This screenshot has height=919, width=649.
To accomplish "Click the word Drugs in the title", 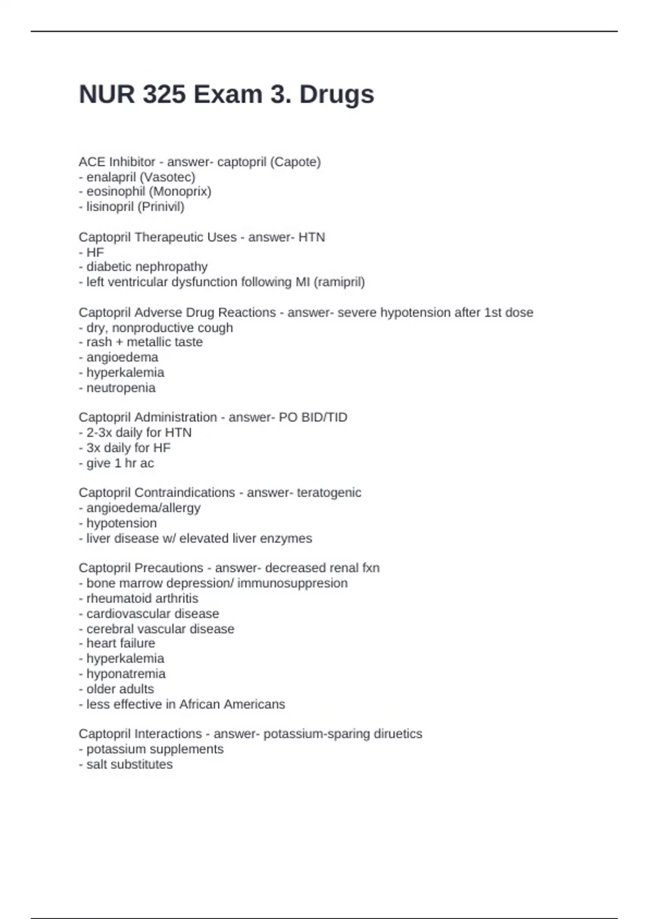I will pyautogui.click(x=336, y=95).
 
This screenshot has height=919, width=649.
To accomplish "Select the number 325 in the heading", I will pyautogui.click(x=162, y=95).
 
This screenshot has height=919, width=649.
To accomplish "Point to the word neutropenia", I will pyautogui.click(x=121, y=388).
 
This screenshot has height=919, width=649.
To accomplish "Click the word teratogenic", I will pyautogui.click(x=329, y=492).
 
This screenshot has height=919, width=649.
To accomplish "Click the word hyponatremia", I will pyautogui.click(x=126, y=674).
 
